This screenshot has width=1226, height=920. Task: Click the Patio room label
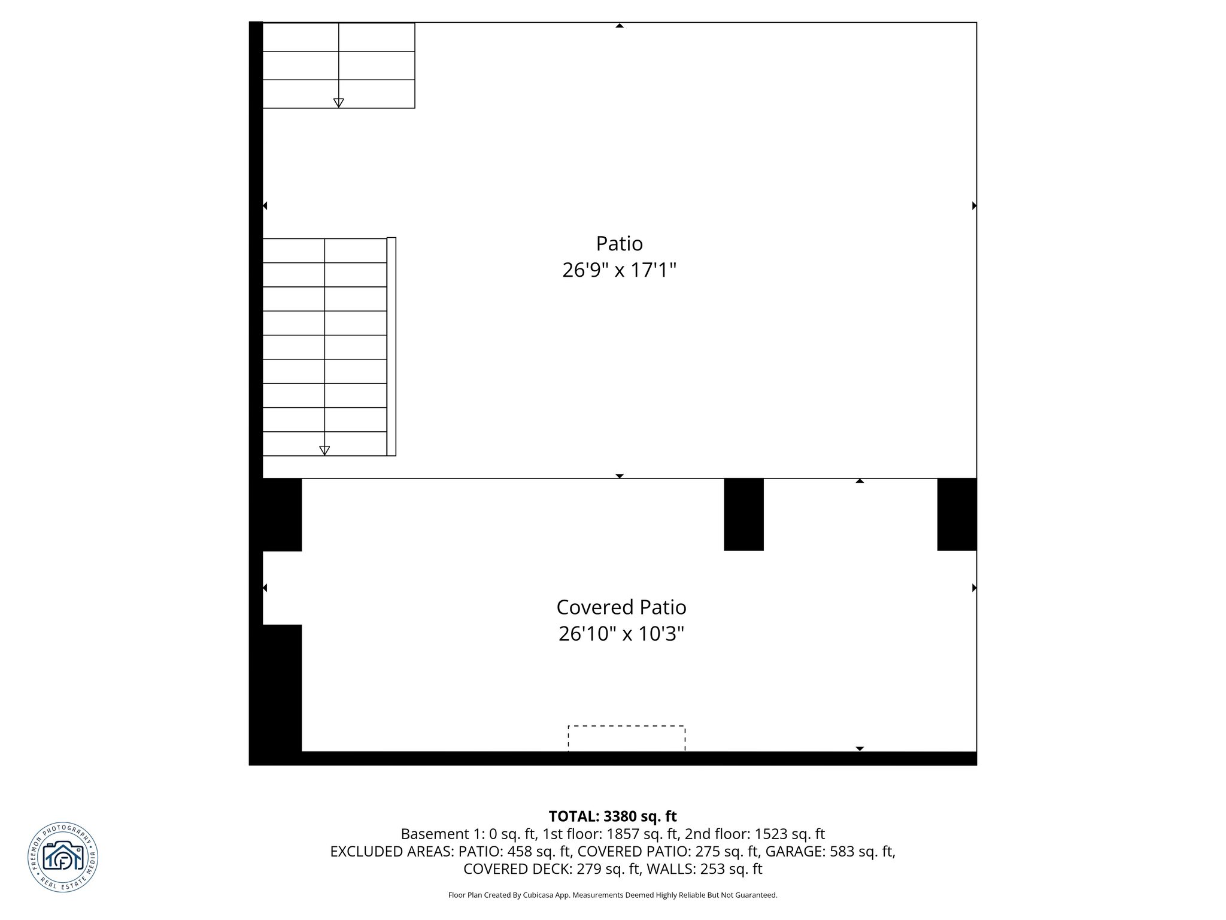[x=619, y=244]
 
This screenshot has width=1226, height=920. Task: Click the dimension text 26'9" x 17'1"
[x=619, y=270]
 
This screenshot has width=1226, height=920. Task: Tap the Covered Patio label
[x=621, y=607]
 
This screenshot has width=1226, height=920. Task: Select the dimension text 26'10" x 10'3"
[x=621, y=634]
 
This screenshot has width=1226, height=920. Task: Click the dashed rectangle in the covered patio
[x=626, y=738]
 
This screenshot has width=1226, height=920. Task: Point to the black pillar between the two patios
[x=744, y=514]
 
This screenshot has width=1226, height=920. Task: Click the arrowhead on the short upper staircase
[x=338, y=102]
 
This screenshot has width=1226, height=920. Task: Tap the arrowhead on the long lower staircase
[x=324, y=450]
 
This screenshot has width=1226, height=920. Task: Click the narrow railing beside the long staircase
[x=392, y=346]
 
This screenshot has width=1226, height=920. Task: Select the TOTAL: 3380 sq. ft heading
[x=612, y=816]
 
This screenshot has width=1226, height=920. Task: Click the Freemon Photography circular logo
[x=63, y=857]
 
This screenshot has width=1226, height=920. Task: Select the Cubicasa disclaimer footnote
[x=612, y=895]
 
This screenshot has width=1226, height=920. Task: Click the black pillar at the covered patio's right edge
[x=957, y=514]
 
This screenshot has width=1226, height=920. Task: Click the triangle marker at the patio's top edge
[x=620, y=26]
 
